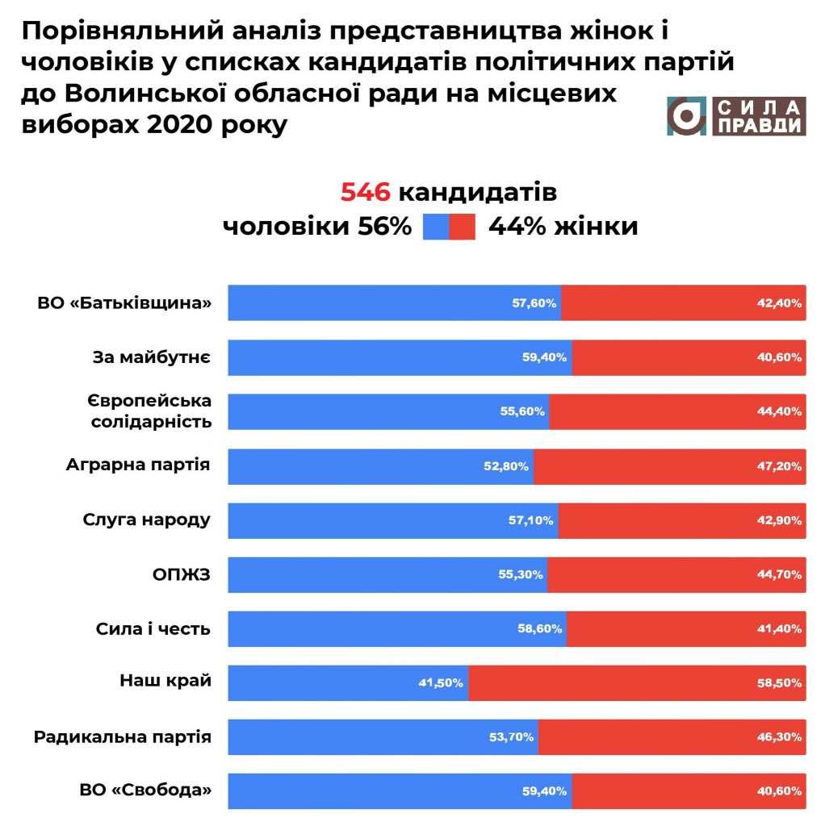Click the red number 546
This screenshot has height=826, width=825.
366,194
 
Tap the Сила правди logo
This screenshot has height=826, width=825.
735,116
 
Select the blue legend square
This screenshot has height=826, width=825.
436,227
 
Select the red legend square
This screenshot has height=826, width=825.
463,227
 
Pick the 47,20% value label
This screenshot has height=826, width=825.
780,466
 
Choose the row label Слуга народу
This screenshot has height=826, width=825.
146,519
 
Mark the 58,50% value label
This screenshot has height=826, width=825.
780,683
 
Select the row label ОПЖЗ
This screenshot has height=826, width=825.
182,574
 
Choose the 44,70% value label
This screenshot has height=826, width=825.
780,575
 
